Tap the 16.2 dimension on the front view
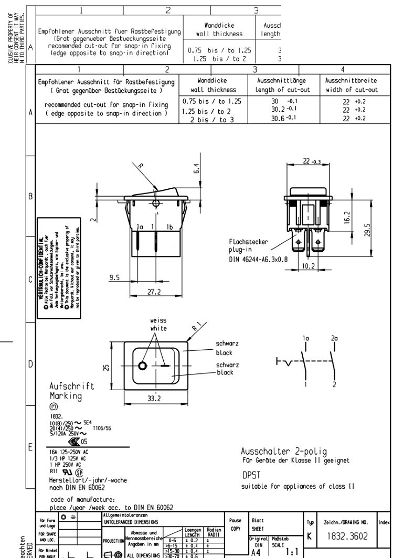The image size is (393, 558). [347, 217]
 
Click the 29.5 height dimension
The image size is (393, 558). [367, 230]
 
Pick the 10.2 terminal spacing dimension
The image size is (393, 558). [309, 266]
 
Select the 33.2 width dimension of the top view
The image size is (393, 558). [154, 398]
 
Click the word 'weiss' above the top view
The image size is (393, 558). [158, 320]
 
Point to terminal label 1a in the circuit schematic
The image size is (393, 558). [306, 339]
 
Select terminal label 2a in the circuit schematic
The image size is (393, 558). [334, 339]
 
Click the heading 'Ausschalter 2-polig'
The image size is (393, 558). [283, 451]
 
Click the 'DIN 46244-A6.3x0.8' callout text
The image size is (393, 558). [258, 259]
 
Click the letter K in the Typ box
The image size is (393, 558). [310, 537]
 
